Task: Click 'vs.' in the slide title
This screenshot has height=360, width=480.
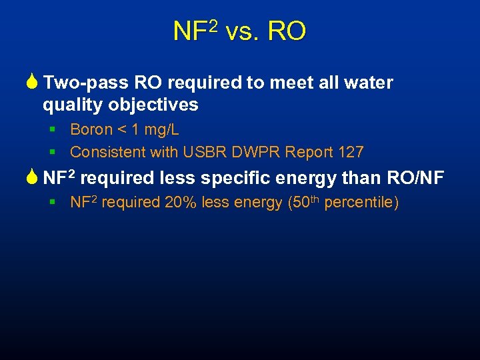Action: click(243, 31)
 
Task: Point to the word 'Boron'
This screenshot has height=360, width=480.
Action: click(91, 129)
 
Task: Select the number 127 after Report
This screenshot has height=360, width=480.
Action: click(351, 152)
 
